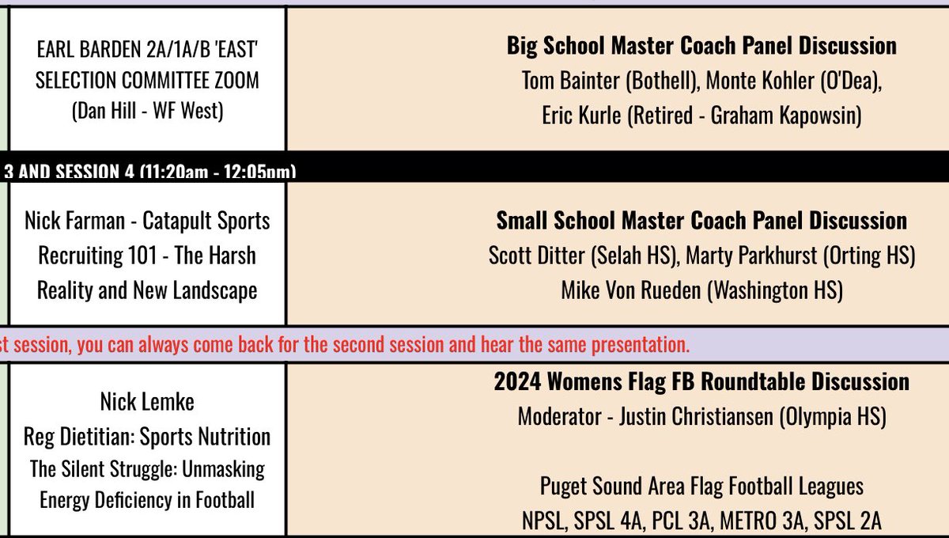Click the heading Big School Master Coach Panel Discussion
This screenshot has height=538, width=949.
point(701,46)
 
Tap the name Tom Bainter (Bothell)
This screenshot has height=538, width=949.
point(610,81)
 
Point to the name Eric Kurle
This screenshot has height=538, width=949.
point(581,116)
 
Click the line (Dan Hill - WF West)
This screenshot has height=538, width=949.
point(148,112)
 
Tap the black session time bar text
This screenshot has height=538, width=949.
point(150,171)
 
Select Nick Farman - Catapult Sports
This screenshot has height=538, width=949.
point(148,221)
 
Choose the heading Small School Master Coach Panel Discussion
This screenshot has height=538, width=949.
point(701,220)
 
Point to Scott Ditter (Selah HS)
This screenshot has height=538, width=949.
point(583,256)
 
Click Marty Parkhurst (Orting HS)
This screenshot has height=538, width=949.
point(800,256)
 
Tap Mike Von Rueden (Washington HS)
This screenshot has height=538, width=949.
point(701,290)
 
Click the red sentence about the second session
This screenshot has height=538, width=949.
point(346,345)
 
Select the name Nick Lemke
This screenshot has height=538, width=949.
point(147,402)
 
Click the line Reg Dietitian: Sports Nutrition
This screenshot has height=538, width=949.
point(147,436)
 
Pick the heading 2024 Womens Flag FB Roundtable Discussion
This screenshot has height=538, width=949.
point(701,381)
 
